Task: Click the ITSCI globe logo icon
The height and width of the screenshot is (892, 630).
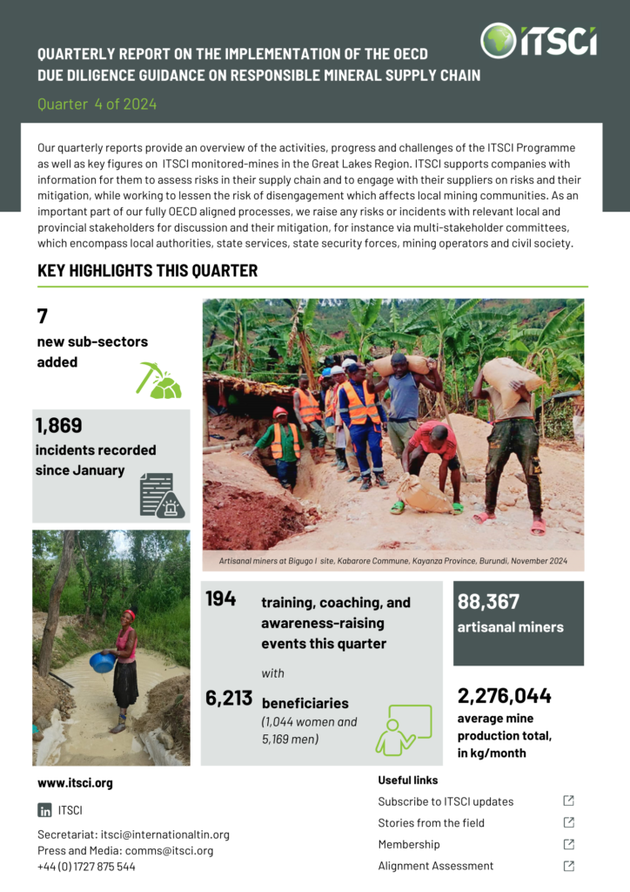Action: click(498, 40)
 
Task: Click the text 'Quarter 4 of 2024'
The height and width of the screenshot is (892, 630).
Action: click(97, 105)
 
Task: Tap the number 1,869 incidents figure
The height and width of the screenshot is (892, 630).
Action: click(59, 426)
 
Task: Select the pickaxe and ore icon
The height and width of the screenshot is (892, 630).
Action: click(159, 381)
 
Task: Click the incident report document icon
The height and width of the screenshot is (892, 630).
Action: click(161, 494)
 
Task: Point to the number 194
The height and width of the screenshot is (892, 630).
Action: click(220, 599)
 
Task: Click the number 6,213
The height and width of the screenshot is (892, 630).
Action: click(229, 698)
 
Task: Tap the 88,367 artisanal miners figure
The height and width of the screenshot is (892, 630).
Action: click(488, 602)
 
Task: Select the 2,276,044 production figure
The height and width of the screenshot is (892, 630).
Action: click(505, 696)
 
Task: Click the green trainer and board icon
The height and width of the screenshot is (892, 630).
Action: click(403, 730)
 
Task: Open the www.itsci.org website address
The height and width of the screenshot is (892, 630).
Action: click(75, 783)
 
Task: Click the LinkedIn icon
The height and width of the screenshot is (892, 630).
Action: click(44, 810)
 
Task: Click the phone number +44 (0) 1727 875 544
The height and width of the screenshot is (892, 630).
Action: click(86, 867)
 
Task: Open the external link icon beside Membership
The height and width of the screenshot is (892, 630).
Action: click(568, 844)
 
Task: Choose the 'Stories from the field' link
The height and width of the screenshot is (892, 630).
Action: click(431, 822)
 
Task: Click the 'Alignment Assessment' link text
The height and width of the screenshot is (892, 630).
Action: click(435, 866)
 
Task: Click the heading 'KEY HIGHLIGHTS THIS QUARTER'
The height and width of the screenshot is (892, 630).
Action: click(147, 271)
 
